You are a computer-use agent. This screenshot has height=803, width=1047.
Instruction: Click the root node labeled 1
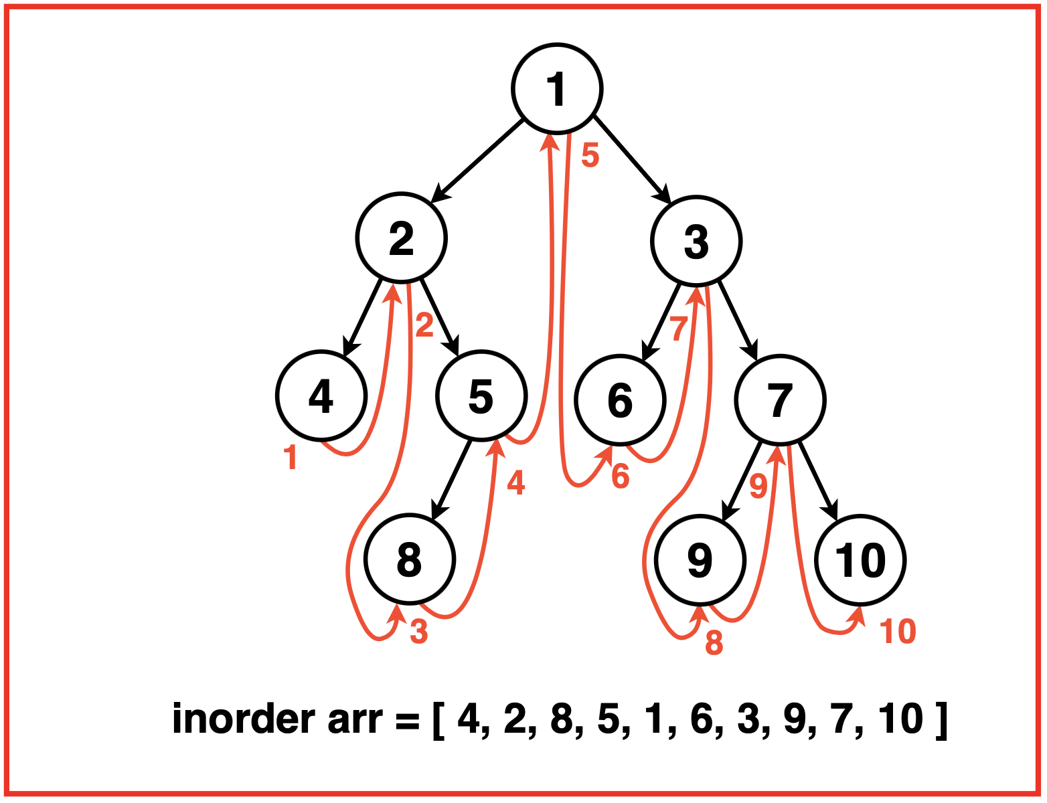557,88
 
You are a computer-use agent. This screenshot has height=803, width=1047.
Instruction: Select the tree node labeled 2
401,238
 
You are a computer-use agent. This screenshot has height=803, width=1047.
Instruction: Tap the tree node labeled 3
696,241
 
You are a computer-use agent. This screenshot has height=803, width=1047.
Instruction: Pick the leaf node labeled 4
321,395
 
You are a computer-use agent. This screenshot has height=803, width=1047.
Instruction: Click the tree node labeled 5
481,395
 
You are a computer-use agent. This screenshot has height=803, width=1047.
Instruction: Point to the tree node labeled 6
620,399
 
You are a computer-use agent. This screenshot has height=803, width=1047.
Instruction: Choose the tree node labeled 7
780,399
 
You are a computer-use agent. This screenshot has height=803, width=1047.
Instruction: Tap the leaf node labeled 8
410,559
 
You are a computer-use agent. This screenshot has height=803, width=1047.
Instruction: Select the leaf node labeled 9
700,560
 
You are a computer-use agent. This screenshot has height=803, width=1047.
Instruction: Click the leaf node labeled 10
860,560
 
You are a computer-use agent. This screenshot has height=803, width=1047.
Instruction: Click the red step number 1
290,458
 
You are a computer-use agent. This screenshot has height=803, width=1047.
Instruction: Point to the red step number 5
590,155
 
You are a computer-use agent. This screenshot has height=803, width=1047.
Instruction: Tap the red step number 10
897,631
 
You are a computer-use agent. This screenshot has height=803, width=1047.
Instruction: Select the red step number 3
418,631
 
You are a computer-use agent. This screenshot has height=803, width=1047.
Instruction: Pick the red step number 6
621,476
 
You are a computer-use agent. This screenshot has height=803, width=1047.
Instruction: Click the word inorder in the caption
244,719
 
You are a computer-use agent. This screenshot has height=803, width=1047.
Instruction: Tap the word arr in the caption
355,719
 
